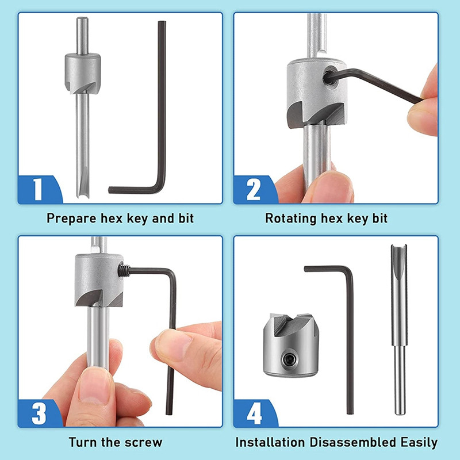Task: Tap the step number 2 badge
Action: pyautogui.click(x=254, y=190)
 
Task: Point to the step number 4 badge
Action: pyautogui.click(x=254, y=413)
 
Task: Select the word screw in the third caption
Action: pyautogui.click(x=145, y=442)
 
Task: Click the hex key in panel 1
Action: pyautogui.click(x=162, y=115)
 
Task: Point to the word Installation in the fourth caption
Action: pyautogui.click(x=270, y=442)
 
